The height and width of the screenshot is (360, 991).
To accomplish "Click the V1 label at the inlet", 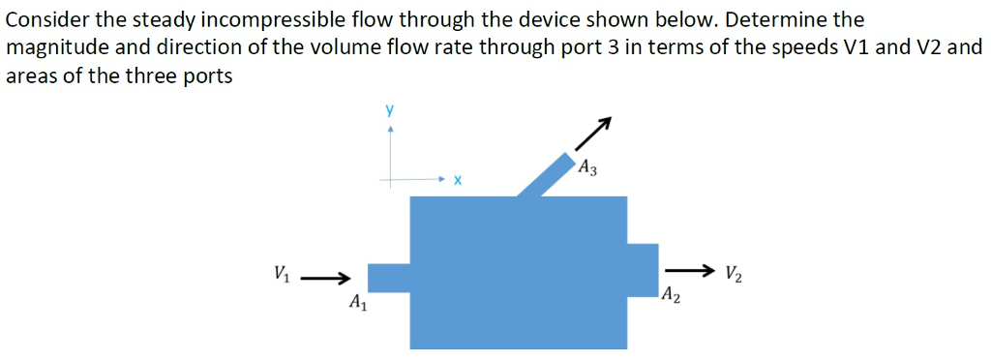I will point(281,273).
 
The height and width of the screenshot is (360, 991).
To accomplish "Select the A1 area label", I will point(358,303).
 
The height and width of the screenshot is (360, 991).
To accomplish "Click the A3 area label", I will point(586,168).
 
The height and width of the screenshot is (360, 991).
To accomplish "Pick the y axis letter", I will point(389,110).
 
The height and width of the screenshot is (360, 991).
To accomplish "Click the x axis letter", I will point(458,181).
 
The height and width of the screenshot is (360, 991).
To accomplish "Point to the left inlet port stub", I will point(390,278).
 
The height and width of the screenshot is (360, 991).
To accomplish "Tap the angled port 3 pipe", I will point(546,174).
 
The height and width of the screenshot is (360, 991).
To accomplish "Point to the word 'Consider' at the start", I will point(46,19).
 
